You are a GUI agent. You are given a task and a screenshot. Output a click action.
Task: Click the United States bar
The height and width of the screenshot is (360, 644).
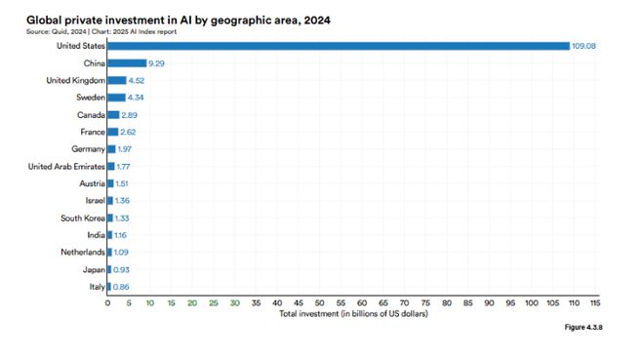(x=338, y=46)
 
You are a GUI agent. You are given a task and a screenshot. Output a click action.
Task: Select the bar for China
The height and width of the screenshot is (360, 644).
(x=126, y=62)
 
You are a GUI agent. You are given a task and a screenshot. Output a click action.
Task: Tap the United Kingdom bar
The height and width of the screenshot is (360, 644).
(x=116, y=80)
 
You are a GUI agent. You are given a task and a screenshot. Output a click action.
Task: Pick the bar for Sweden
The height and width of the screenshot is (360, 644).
(x=116, y=98)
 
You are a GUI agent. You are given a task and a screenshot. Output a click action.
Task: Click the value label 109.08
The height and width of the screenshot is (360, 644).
(x=586, y=46)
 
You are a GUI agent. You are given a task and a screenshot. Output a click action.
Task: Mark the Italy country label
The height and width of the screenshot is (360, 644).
(x=95, y=287)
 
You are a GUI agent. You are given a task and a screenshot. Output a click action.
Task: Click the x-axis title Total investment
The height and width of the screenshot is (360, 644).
(x=353, y=314)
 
